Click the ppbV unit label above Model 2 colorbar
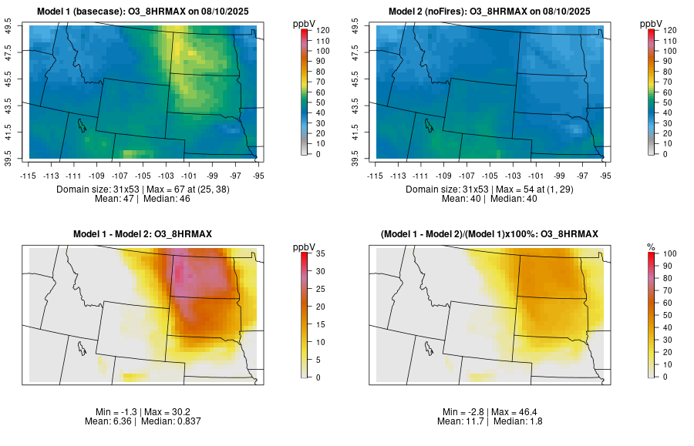pyautogui.click(x=652, y=22)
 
